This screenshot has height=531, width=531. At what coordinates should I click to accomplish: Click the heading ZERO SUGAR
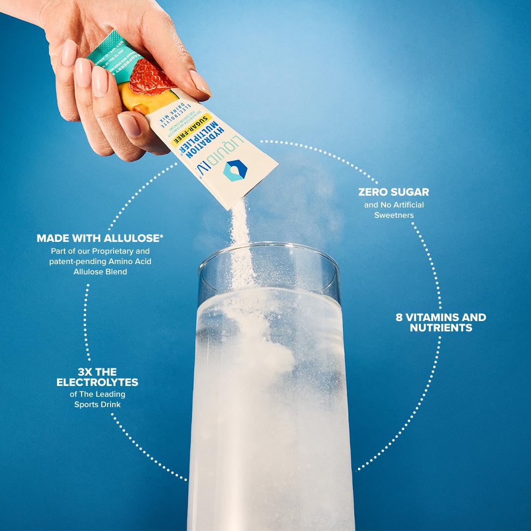393,192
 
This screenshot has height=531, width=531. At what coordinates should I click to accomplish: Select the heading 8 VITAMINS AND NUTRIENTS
441,323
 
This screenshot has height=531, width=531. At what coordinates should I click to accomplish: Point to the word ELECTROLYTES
97,382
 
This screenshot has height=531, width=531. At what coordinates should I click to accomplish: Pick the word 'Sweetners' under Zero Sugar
394,215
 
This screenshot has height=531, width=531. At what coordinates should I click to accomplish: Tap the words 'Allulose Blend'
100,271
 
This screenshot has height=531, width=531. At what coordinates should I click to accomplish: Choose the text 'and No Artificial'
394,205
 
